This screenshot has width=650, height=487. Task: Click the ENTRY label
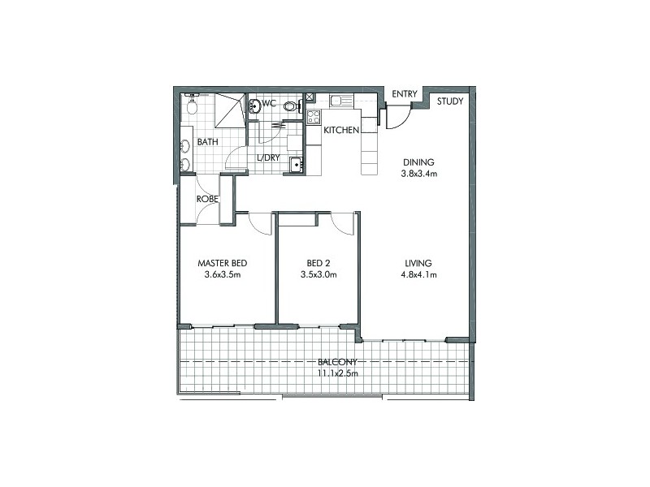404,95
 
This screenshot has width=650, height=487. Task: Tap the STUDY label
450,101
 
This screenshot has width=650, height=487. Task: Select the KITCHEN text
341,130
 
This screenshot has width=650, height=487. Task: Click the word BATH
208,142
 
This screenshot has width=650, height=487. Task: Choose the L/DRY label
268,158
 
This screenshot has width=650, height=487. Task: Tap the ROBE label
206,198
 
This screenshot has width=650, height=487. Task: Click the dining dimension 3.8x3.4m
419,173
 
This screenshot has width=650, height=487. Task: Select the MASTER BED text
223,264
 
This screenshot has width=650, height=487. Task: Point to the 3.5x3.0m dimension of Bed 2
318,275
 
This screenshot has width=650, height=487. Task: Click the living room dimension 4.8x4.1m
419,275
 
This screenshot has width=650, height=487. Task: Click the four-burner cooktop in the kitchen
314,116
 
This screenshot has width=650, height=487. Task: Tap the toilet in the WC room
288,105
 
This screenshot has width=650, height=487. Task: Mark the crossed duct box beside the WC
310,98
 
